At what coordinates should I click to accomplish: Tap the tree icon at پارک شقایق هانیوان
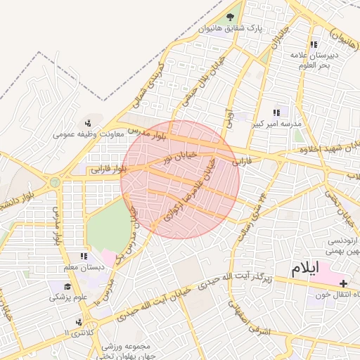pos(231,18)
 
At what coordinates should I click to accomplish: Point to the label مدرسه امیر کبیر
pos(276,124)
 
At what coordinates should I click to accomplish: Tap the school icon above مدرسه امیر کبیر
pos(276,112)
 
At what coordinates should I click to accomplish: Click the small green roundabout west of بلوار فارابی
pos(55,182)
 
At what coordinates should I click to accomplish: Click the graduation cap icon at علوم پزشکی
pos(67,287)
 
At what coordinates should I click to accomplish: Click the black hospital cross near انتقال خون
pos(344,283)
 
